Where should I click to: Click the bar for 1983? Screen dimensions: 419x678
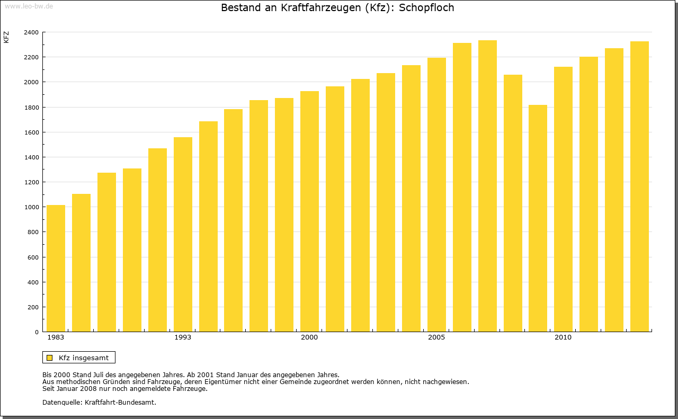click(56, 268)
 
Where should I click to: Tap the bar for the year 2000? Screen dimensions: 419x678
click(309, 211)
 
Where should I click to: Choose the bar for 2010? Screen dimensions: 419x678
click(563, 199)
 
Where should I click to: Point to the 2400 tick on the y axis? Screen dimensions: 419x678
click(31, 32)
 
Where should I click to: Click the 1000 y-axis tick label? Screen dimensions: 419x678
click(31, 207)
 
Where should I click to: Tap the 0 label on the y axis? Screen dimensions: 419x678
click(36, 332)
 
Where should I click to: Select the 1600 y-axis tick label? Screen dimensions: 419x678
click(31, 132)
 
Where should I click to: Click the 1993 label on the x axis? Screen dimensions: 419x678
click(183, 337)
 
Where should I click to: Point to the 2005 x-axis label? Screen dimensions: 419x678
click(436, 337)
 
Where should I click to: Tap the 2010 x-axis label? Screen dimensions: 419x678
click(563, 337)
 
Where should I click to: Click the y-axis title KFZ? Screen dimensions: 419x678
click(6, 37)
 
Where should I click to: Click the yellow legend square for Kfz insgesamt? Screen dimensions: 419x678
click(49, 358)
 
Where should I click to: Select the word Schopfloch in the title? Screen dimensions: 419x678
click(426, 8)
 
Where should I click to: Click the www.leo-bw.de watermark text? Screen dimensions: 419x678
click(29, 5)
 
